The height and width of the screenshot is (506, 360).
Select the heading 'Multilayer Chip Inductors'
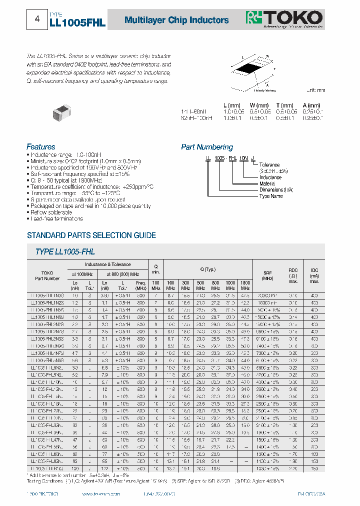176,20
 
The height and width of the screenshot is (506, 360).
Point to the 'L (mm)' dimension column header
232,105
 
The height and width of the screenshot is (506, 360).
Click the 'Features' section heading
40,147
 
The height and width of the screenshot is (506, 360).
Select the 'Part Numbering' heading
206,147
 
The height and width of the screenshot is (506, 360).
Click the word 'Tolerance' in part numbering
269,164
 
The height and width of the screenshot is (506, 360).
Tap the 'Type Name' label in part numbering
271,196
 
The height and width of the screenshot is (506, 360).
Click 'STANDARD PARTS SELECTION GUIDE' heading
91,235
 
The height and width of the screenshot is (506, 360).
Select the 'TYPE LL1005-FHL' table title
65,252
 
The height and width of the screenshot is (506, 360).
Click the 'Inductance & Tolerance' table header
107,264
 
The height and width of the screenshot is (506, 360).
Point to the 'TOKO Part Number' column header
47,275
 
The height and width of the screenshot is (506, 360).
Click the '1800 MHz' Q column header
245,285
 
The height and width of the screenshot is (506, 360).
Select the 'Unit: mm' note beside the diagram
315,90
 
